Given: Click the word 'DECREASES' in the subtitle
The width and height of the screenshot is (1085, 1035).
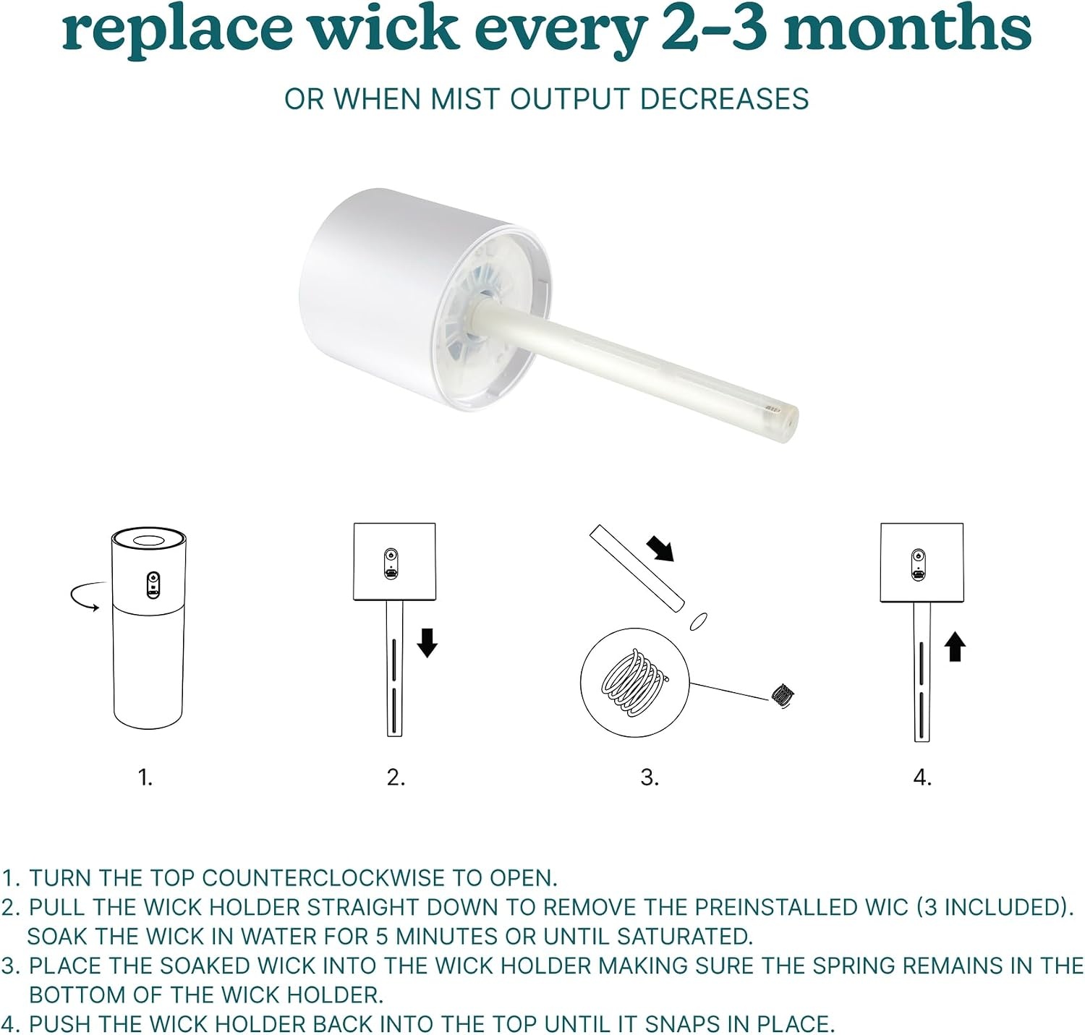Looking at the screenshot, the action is (724, 99).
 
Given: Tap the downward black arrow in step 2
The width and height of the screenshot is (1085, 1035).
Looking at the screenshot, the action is (427, 642).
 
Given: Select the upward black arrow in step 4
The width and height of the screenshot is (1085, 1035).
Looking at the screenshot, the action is (955, 647).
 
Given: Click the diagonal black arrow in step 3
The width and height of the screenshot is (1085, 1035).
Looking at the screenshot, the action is (660, 548).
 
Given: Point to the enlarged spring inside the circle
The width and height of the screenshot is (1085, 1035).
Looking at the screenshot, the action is (633, 682).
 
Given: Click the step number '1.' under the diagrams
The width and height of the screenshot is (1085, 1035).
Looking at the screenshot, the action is (145, 778).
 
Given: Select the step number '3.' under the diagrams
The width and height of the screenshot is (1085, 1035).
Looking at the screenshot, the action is (650, 778).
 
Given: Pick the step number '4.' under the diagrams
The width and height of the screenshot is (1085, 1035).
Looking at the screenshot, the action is (922, 778).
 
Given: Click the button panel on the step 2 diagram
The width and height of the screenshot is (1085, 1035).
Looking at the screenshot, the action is (391, 564).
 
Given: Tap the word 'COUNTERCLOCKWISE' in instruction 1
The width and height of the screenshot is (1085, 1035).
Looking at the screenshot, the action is (323, 877).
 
